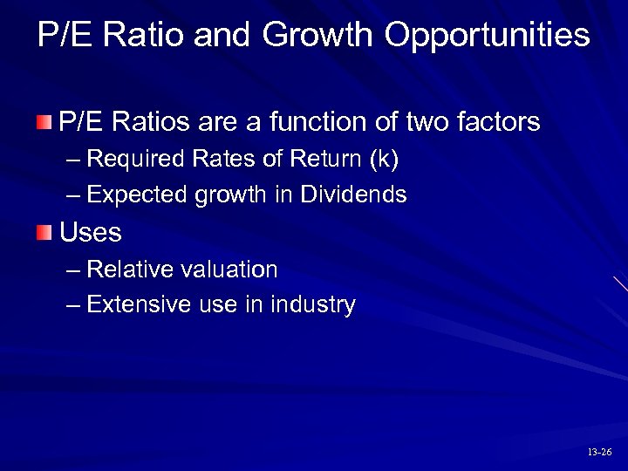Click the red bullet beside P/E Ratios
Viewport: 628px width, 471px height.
(x=44, y=121)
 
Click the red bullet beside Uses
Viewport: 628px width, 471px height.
(x=44, y=232)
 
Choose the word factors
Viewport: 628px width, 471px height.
(x=499, y=121)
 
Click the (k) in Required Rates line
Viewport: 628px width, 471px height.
(x=384, y=160)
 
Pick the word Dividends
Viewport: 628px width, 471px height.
(x=353, y=195)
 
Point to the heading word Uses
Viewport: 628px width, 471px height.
(x=91, y=233)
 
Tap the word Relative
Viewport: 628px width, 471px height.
(x=128, y=270)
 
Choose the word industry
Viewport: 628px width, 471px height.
(x=313, y=305)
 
